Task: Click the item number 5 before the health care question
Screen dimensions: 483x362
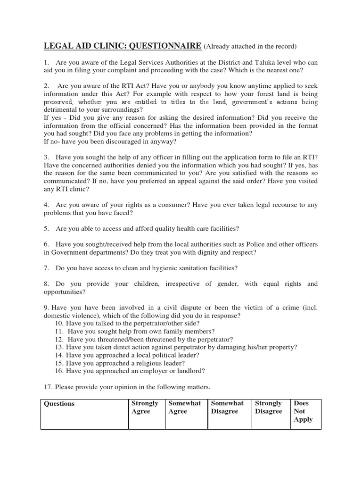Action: pos(46,228)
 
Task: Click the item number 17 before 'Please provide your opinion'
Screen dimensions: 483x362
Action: pos(48,387)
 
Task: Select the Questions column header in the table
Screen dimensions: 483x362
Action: pos(59,404)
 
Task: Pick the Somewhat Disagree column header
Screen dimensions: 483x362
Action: pos(227,408)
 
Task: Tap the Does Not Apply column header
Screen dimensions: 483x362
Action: pos(303,411)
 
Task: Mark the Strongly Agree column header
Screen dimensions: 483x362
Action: pos(145,408)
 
